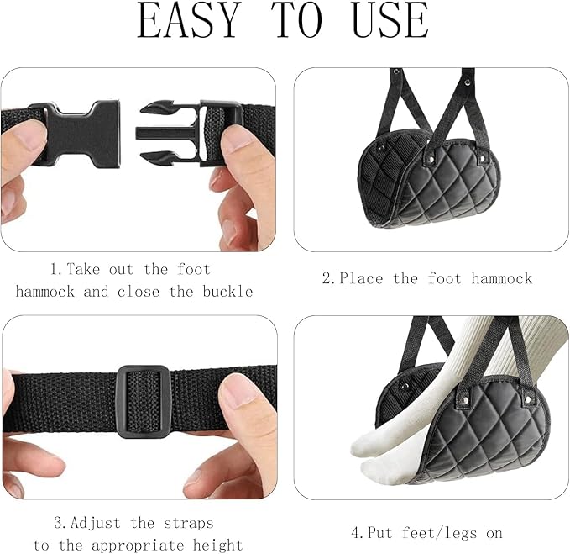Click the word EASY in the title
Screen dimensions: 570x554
[x=190, y=20]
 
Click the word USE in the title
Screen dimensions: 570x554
[x=391, y=20]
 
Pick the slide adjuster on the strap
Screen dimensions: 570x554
[x=143, y=402]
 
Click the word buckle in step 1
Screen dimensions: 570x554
[x=227, y=292]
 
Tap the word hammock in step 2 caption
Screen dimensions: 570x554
[x=502, y=279]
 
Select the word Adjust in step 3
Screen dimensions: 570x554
[x=96, y=524]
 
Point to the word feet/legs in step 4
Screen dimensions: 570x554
[x=440, y=533]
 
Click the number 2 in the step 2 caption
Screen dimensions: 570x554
[x=327, y=279]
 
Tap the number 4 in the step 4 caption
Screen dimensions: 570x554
[x=356, y=534]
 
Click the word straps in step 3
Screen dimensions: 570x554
[x=189, y=524]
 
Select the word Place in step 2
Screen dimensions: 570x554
[x=361, y=279]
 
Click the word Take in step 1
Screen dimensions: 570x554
[x=83, y=270]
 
